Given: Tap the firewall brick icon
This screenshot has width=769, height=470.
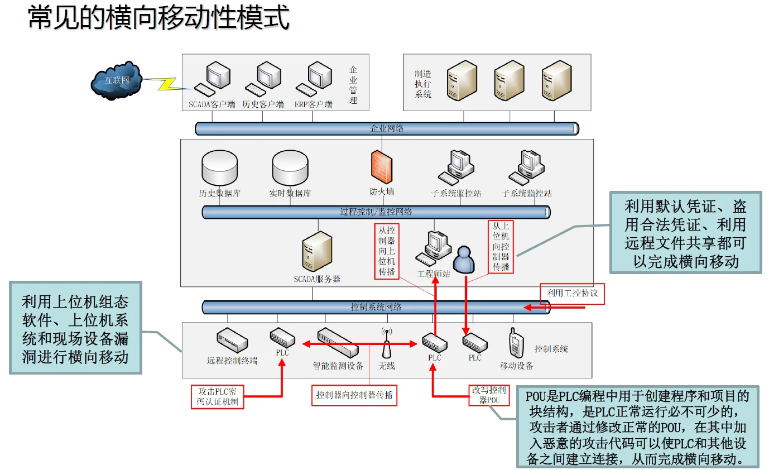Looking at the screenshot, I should pyautogui.click(x=382, y=167).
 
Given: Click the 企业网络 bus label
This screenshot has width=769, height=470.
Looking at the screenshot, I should pyautogui.click(x=387, y=128).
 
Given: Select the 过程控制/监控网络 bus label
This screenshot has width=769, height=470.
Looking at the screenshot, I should pyautogui.click(x=376, y=212).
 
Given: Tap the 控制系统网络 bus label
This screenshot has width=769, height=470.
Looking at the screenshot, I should pyautogui.click(x=376, y=307).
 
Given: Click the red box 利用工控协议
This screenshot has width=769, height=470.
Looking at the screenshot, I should pyautogui.click(x=572, y=294).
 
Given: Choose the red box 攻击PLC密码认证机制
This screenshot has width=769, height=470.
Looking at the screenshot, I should pyautogui.click(x=217, y=396).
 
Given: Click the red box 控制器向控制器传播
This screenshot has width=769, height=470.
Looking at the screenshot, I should pyautogui.click(x=354, y=396).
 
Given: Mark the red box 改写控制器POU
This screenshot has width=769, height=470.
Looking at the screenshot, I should pyautogui.click(x=489, y=395).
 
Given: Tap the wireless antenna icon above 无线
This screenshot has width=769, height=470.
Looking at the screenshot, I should pyautogui.click(x=387, y=343).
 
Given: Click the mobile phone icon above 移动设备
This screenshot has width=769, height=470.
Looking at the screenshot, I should pyautogui.click(x=515, y=342).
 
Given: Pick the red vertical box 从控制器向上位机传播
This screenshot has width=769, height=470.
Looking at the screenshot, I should pyautogui.click(x=387, y=251).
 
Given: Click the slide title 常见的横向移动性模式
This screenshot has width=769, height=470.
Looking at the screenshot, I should pyautogui.click(x=159, y=18).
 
